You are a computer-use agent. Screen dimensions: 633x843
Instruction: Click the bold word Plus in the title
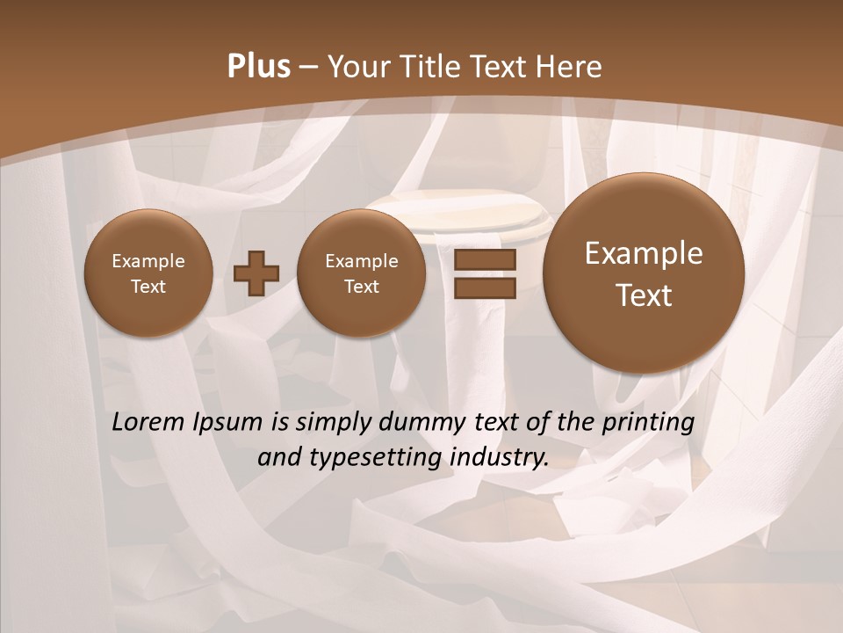coord(258,67)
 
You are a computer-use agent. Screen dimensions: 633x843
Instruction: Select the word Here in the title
coord(570,67)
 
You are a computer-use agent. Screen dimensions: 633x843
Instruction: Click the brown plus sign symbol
coord(256,273)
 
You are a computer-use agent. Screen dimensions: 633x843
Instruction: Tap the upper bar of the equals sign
coord(484,260)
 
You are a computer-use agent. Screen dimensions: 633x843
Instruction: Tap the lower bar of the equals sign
coord(484,288)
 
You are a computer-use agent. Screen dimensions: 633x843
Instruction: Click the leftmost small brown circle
coord(148,273)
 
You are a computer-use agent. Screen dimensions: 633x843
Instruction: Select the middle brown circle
coord(362,273)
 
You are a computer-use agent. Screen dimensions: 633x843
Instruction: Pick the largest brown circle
coord(644,273)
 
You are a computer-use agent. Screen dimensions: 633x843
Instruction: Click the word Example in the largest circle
coord(644,253)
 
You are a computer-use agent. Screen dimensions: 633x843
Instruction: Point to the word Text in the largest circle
coord(644,295)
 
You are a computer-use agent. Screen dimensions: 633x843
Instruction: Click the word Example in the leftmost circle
coord(148,261)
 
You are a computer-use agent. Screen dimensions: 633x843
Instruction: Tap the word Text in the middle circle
coord(362,287)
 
